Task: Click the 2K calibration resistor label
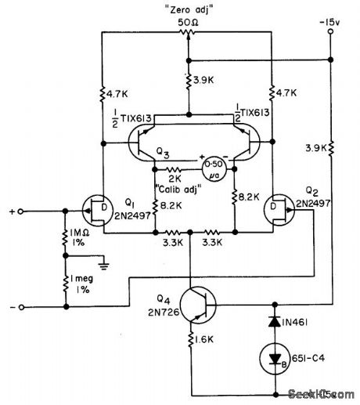tap(174, 179)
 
